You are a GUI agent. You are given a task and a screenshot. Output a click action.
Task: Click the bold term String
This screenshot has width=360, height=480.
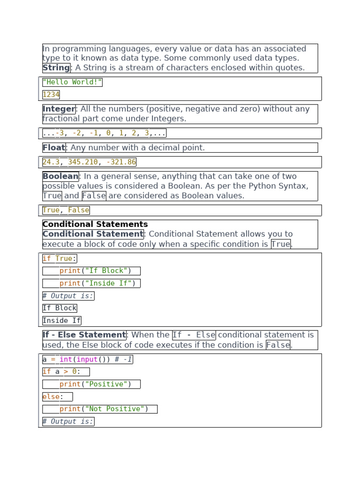pyautogui.click(x=56, y=68)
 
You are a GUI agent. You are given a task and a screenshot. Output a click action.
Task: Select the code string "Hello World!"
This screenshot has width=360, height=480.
pyautogui.click(x=72, y=82)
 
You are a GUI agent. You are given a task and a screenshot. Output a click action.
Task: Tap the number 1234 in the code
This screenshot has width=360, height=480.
pyautogui.click(x=51, y=95)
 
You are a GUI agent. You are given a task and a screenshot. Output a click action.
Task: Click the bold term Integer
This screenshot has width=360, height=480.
pyautogui.click(x=59, y=109)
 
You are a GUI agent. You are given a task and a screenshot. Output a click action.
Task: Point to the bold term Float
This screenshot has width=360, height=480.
pyautogui.click(x=54, y=148)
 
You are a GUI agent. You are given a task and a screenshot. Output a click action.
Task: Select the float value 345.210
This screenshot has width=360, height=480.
pyautogui.click(x=83, y=162)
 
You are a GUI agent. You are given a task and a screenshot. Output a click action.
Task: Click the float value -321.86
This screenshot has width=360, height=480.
pyautogui.click(x=121, y=162)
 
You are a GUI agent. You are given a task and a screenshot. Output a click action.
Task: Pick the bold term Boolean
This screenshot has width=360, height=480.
pyautogui.click(x=60, y=177)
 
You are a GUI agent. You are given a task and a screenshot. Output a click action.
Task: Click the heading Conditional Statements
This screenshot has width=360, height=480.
pyautogui.click(x=95, y=225)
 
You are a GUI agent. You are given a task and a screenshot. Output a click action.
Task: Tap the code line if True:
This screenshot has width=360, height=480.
pyautogui.click(x=60, y=259)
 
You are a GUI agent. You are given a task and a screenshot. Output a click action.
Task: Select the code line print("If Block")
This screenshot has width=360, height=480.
pyautogui.click(x=95, y=271)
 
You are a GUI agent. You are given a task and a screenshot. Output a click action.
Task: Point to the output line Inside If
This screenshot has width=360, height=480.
pyautogui.click(x=61, y=321)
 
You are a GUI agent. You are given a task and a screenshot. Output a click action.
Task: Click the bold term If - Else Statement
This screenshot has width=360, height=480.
pyautogui.click(x=84, y=335)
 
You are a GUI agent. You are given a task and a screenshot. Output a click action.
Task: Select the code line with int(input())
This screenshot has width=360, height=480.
pyautogui.click(x=88, y=360)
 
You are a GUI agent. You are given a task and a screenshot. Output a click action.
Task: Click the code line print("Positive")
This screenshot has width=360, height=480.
pyautogui.click(x=95, y=384)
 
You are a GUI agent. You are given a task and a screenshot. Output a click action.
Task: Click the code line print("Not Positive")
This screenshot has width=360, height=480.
pyautogui.click(x=104, y=409)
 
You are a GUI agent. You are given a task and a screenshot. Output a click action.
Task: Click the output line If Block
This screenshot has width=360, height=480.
pyautogui.click(x=60, y=308)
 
